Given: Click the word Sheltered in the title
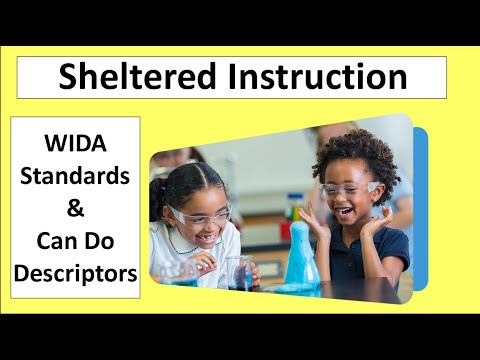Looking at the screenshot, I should point(131,76).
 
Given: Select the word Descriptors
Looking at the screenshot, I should point(75,271).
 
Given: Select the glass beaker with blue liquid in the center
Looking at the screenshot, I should point(240,272).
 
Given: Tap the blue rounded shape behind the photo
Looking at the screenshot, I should point(420,200).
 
